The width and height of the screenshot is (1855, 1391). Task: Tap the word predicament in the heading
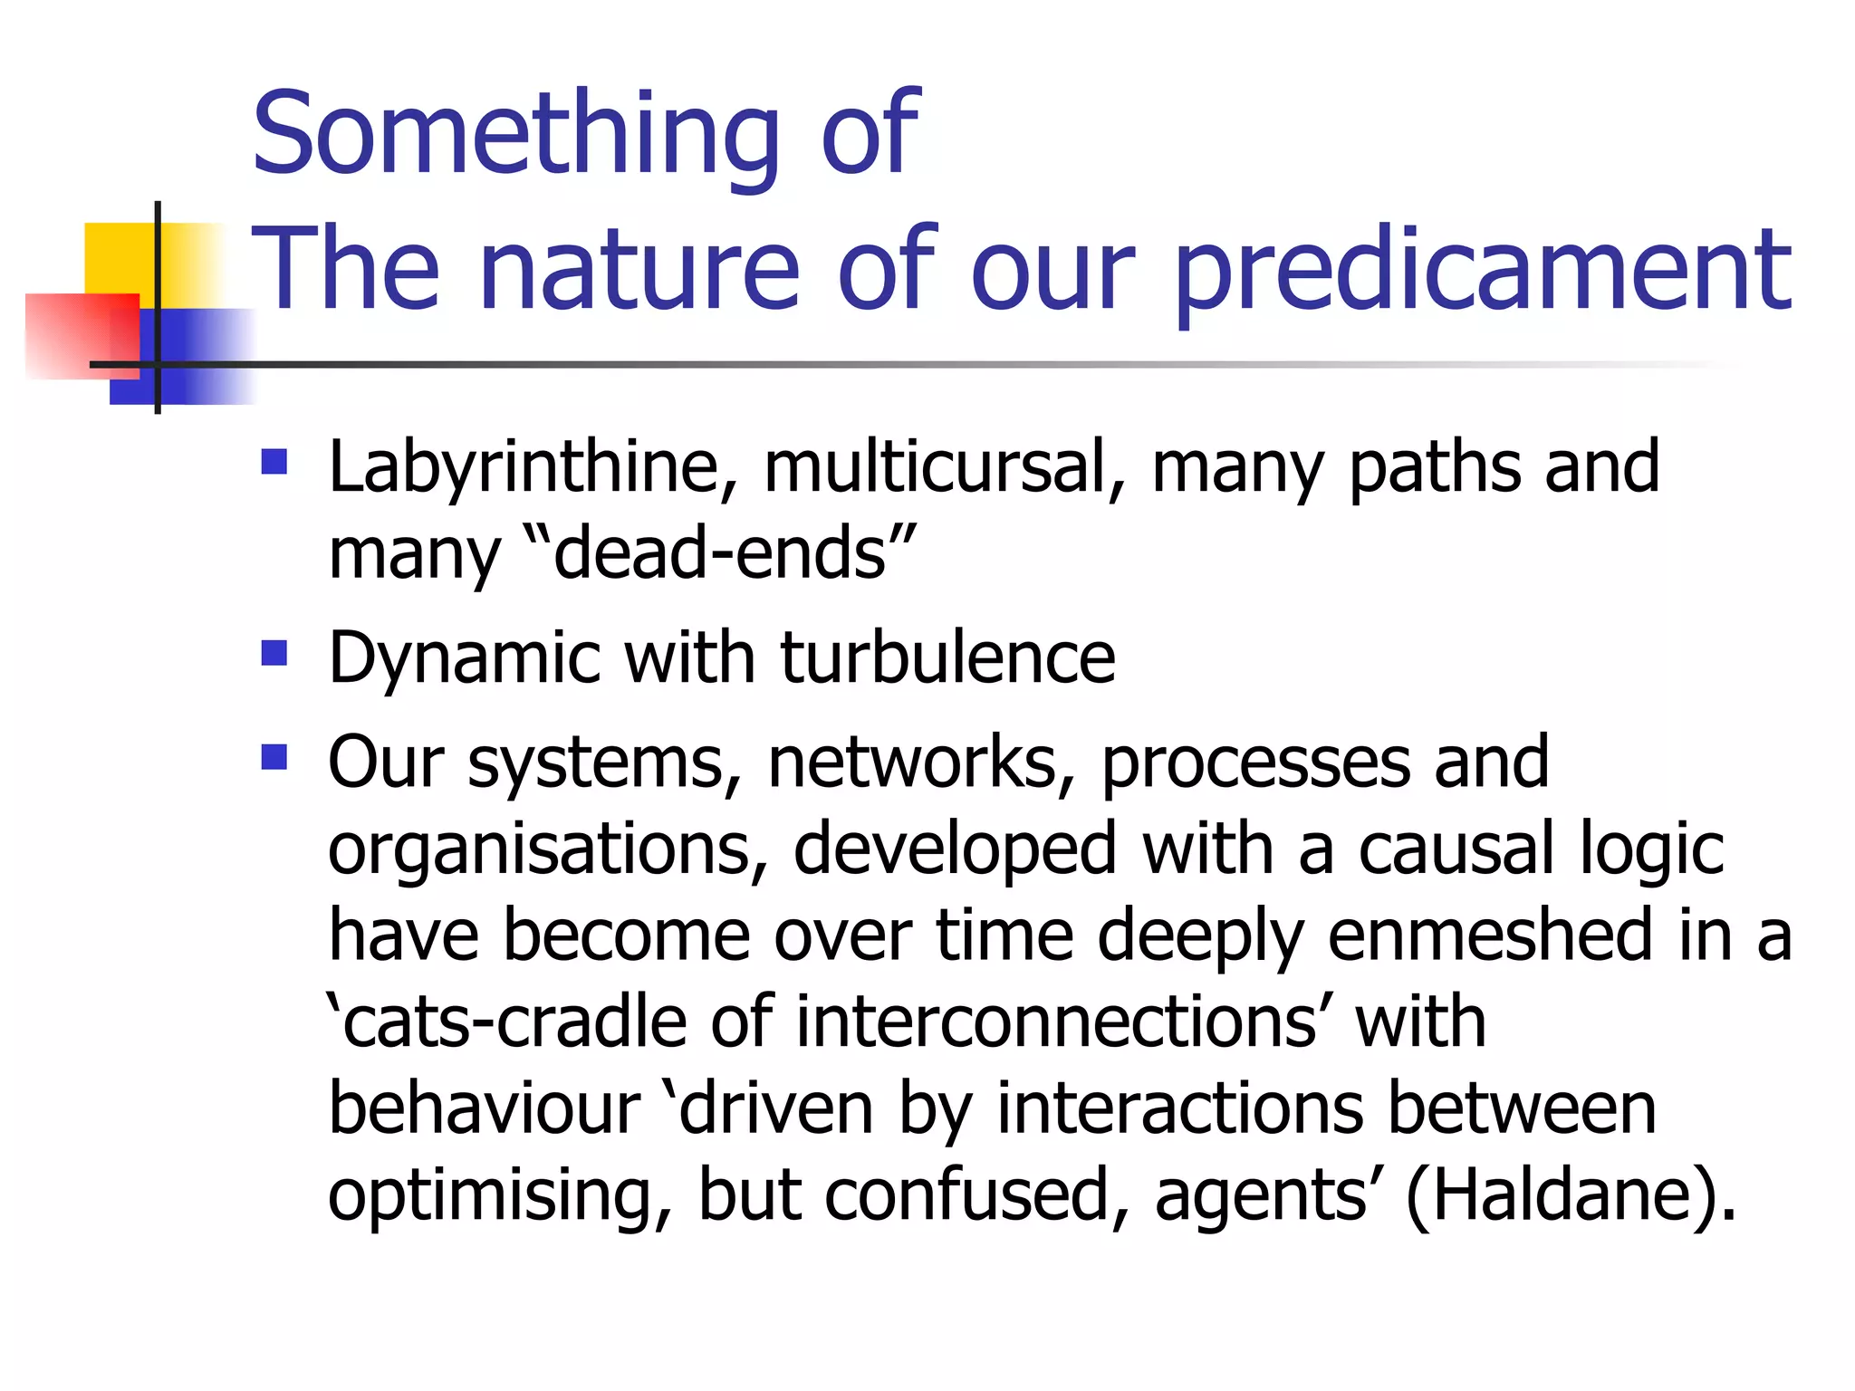pos(1484,270)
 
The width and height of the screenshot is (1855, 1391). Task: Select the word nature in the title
pos(639,270)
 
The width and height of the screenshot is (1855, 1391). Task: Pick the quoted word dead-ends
pos(720,554)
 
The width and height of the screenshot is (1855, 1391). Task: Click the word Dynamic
pos(464,658)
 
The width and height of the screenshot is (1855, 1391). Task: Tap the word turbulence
pos(947,658)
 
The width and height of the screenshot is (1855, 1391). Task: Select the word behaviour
pos(484,1108)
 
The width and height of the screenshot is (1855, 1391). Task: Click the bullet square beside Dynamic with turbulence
pos(274,653)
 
